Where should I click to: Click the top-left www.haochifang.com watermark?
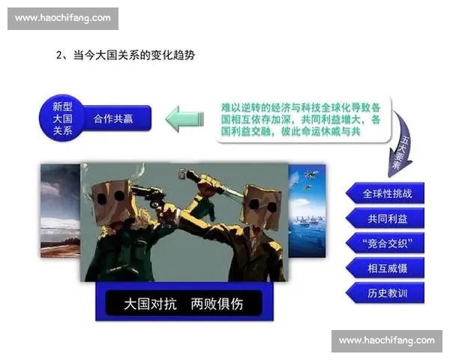click(x=62, y=17)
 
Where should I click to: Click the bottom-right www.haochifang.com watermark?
click(x=386, y=340)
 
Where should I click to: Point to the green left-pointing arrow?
click(x=184, y=118)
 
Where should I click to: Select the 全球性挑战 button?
click(x=387, y=193)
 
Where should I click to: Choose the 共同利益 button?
click(x=387, y=218)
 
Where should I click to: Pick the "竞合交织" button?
click(x=387, y=243)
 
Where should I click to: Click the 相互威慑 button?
click(x=387, y=268)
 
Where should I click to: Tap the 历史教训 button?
click(x=387, y=292)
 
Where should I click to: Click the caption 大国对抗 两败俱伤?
click(x=183, y=304)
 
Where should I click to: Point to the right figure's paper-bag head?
click(x=262, y=201)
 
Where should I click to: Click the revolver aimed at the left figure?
click(x=150, y=197)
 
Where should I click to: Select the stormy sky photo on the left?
click(x=59, y=211)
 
